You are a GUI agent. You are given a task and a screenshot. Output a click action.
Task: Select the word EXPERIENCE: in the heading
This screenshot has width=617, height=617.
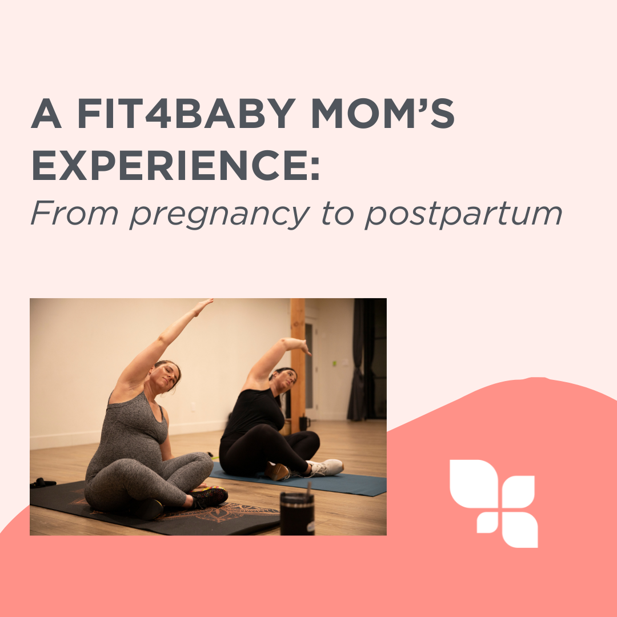click(x=175, y=165)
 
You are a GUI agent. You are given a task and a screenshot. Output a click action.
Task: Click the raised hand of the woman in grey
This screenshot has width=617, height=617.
click(x=203, y=306)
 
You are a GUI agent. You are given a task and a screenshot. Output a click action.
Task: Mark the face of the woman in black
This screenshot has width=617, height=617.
click(x=286, y=380)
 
